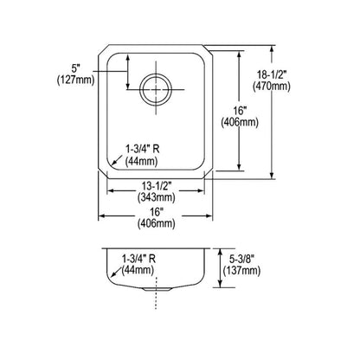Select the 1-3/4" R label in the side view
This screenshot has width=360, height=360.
tap(141, 259)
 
